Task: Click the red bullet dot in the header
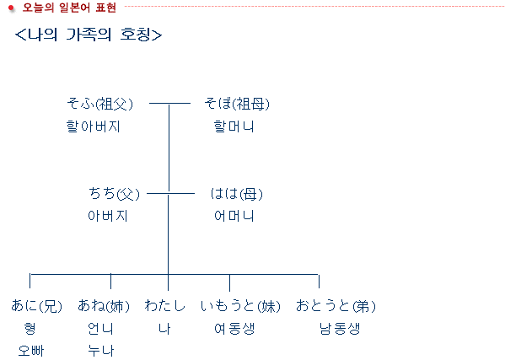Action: coord(11,8)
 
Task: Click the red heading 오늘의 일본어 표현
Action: coord(69,8)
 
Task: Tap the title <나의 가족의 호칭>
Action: coord(89,35)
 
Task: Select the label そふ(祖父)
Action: coord(99,104)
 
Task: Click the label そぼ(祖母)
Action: coord(237,104)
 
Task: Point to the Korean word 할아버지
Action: coord(93,126)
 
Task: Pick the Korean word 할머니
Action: coord(234,126)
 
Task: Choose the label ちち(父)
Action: coord(114,194)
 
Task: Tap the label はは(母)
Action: coord(236,194)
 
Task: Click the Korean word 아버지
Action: coord(108,216)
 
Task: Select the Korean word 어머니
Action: coord(234,216)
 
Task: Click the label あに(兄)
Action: coord(37,306)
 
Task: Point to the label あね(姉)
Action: coord(104,306)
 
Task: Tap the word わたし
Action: coord(165,305)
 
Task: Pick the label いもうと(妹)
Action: coord(240,306)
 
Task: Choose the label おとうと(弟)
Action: coord(336,306)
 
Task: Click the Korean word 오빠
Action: coord(31,351)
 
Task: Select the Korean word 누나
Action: coord(101,351)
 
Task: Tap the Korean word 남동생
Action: coord(340,329)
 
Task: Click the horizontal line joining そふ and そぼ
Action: coord(169,104)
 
